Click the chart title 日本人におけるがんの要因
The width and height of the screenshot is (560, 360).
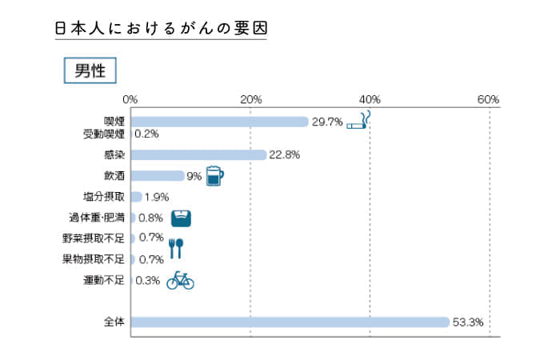click(160, 29)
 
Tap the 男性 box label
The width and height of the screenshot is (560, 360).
click(90, 70)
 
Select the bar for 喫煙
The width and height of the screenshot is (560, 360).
click(219, 122)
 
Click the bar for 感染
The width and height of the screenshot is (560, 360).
click(198, 154)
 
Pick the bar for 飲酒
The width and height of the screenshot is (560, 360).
click(158, 176)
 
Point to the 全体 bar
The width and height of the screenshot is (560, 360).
click(290, 322)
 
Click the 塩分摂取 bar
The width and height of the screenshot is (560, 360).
click(137, 197)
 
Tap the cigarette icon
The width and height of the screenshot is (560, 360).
click(360, 122)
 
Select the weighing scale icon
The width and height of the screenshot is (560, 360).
click(182, 218)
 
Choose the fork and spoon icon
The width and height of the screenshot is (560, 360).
click(177, 247)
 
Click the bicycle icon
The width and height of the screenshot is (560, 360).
click(180, 280)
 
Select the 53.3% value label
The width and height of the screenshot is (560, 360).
click(469, 322)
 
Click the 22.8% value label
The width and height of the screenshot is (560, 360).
click(285, 155)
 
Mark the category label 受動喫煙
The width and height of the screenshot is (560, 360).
click(104, 134)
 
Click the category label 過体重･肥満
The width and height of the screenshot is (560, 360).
click(97, 218)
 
